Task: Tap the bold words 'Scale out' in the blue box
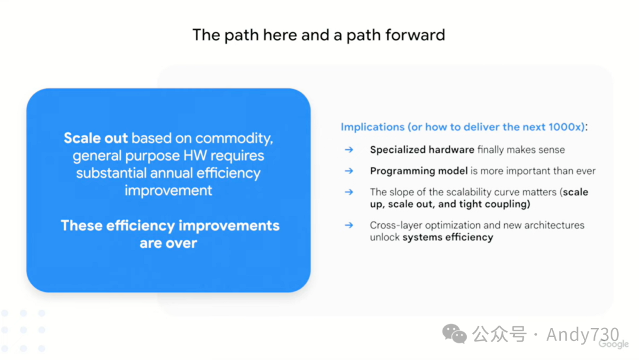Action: click(x=96, y=138)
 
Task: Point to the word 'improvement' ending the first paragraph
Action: click(x=168, y=191)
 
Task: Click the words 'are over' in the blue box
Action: click(x=168, y=243)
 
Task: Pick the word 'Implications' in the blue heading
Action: click(x=373, y=127)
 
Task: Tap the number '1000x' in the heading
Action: click(x=564, y=127)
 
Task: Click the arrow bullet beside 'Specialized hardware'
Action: click(x=349, y=150)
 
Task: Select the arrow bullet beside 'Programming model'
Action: click(x=349, y=171)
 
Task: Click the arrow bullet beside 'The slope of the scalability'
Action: click(x=349, y=192)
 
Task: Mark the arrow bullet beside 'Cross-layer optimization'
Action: click(x=349, y=225)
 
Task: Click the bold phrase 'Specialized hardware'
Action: click(x=422, y=150)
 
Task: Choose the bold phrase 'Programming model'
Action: click(x=419, y=171)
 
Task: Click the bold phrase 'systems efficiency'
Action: click(x=448, y=237)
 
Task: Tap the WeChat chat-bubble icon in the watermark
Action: click(x=454, y=333)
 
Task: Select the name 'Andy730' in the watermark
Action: click(x=583, y=335)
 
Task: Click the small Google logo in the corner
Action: click(x=614, y=345)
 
